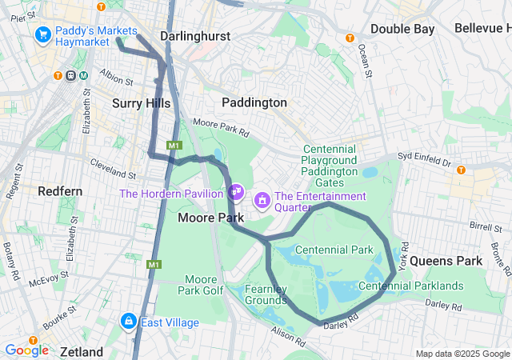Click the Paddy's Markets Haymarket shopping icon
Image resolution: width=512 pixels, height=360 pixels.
coord(43,35)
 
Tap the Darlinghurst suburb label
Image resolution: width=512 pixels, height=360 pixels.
coord(195,36)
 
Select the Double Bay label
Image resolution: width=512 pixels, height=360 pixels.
coord(402,29)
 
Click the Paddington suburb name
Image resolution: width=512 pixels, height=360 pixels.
coord(254,102)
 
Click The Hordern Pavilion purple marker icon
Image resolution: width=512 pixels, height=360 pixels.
coord(236,192)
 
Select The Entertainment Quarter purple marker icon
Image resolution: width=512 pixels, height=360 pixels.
coord(262,198)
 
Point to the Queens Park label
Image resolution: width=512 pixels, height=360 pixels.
coord(446,261)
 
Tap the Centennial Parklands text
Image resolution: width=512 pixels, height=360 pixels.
coord(411,286)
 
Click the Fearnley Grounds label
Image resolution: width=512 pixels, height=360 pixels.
coord(265,294)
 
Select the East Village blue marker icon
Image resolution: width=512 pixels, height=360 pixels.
coord(127,322)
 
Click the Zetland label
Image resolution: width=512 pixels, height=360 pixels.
coord(81,352)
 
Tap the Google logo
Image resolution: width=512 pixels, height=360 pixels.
coord(26,350)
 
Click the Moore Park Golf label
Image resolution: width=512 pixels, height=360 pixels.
coord(204,285)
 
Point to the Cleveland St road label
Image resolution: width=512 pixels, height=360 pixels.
coord(109,168)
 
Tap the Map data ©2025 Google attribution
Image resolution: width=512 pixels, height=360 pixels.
coord(462,354)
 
